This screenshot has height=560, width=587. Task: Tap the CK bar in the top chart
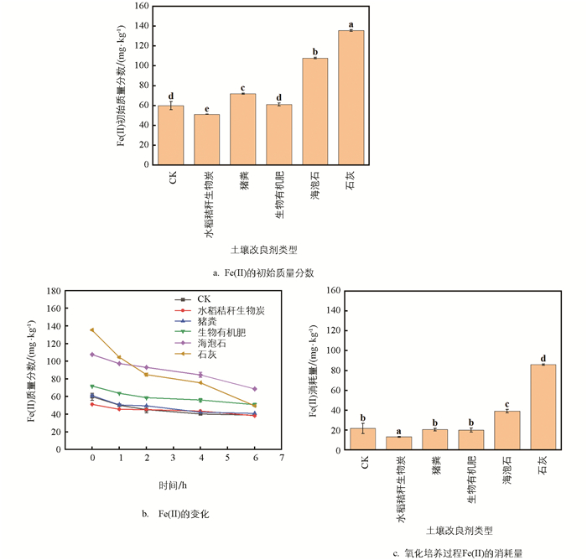[171, 135]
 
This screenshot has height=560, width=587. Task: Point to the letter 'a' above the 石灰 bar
[351, 24]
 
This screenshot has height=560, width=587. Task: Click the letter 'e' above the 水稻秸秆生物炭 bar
[207, 108]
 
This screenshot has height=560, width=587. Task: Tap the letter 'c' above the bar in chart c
[506, 405]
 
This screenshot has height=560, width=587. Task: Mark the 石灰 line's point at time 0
[92, 329]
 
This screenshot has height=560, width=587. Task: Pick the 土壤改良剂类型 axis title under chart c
[459, 530]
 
